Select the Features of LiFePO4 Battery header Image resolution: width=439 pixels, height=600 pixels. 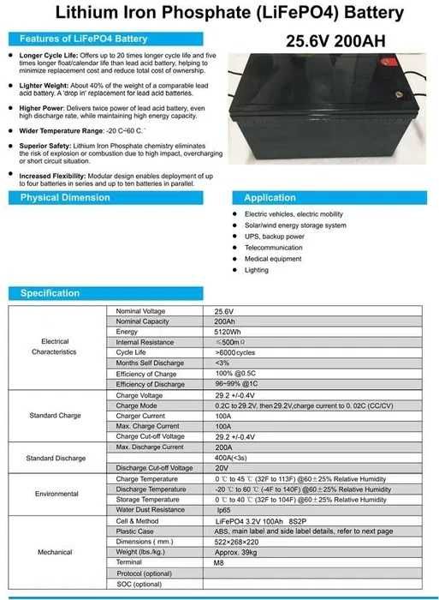83,39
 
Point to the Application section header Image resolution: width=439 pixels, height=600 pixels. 270,198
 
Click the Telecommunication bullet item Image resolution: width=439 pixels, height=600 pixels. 273,248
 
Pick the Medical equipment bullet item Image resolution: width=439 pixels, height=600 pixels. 273,259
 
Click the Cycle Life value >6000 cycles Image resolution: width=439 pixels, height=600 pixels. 235,352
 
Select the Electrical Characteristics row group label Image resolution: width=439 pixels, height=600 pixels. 54,347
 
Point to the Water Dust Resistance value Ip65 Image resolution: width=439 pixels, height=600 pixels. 224,510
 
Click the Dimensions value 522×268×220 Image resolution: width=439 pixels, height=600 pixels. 242,541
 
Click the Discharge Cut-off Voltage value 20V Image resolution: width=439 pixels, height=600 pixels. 222,467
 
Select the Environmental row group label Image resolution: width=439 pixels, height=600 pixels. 56,495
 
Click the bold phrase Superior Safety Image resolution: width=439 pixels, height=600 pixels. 45,146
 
